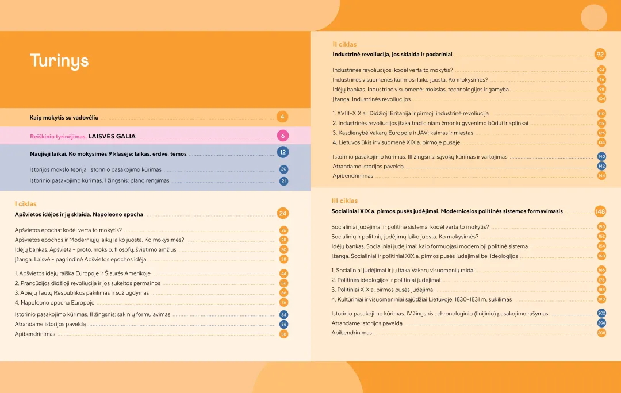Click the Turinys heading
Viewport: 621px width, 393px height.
59,61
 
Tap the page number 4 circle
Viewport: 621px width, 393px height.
282,117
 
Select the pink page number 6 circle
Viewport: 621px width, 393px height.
282,136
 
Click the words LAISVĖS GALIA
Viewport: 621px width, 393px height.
112,137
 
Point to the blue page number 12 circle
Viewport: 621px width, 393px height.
282,152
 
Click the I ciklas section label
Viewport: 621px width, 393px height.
25,204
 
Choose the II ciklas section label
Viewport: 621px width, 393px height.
344,44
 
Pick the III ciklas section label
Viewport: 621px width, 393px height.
344,201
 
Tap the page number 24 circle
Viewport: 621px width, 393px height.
282,214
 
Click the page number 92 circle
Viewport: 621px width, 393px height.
600,55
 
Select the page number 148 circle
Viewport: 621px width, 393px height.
600,211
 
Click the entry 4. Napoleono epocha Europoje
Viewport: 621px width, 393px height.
55,302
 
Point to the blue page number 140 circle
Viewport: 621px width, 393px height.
601,156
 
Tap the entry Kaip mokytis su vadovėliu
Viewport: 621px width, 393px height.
64,118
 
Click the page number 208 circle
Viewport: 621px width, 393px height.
601,333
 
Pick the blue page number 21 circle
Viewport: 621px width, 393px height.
283,181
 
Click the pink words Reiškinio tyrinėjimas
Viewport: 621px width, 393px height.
58,137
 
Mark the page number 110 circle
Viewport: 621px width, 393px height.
601,114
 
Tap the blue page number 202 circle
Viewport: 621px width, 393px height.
601,314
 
